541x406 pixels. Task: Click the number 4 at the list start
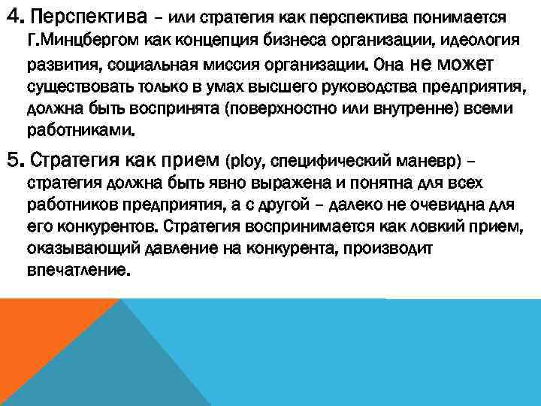(11, 16)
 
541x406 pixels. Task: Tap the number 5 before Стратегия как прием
(11, 159)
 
